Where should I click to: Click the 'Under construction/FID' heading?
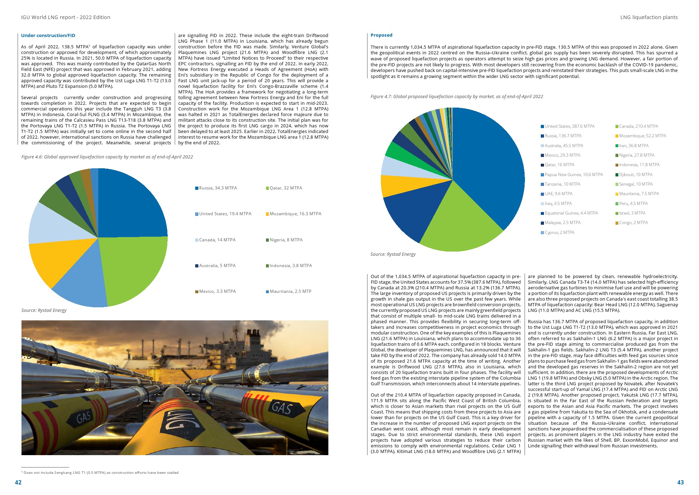(x=48, y=35)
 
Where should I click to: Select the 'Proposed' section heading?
(x=381, y=35)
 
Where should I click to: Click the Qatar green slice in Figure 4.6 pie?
(x=134, y=268)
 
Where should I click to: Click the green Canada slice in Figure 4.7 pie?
(x=458, y=222)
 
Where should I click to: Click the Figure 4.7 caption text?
(x=457, y=96)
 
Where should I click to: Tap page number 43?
(x=680, y=482)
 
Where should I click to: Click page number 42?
(x=18, y=482)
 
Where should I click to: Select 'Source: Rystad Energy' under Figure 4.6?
(x=44, y=310)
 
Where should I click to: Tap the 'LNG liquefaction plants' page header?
(x=649, y=17)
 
